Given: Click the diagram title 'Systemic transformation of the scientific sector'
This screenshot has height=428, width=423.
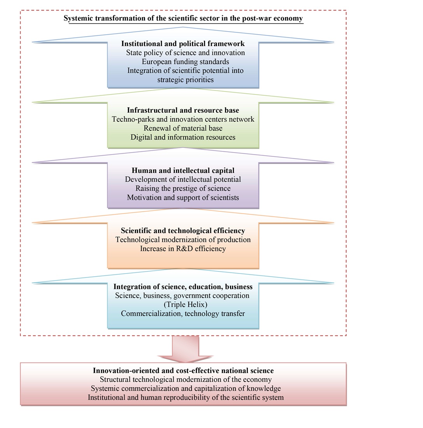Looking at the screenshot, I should click(x=183, y=18).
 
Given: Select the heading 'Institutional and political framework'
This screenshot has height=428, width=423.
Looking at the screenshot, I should click(x=183, y=44).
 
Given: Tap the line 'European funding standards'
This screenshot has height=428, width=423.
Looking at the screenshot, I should click(x=185, y=61).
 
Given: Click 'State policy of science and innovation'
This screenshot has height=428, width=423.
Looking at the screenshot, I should click(x=185, y=53).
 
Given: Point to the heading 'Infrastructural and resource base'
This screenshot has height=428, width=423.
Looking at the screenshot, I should click(x=183, y=110).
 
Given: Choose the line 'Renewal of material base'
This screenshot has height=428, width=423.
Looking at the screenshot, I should click(x=183, y=128).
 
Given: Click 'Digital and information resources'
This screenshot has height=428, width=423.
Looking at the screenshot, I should click(x=183, y=137).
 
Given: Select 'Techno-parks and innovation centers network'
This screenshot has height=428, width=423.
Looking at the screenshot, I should click(x=183, y=119).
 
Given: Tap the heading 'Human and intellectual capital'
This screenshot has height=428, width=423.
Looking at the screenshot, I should click(x=183, y=170).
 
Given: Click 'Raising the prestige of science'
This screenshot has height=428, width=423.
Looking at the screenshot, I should click(x=183, y=188).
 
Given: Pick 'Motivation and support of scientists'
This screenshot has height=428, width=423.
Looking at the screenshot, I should click(x=183, y=197).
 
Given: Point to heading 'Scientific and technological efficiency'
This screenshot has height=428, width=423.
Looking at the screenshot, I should click(x=183, y=231).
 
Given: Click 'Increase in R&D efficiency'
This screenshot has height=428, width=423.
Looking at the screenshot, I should click(x=183, y=249).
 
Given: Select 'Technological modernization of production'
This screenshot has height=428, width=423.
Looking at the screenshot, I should click(x=183, y=240).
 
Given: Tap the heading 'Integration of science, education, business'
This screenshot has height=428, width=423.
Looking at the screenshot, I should click(x=183, y=287).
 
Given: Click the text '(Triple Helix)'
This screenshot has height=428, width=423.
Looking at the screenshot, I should click(x=183, y=304).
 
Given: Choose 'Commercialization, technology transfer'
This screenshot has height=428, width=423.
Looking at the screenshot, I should click(x=183, y=313).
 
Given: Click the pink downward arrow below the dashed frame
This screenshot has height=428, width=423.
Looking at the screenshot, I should click(x=185, y=348).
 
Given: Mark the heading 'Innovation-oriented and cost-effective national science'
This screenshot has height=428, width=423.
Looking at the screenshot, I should click(x=183, y=370).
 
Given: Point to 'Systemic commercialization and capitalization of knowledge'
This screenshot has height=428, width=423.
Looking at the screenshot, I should click(x=186, y=388).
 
